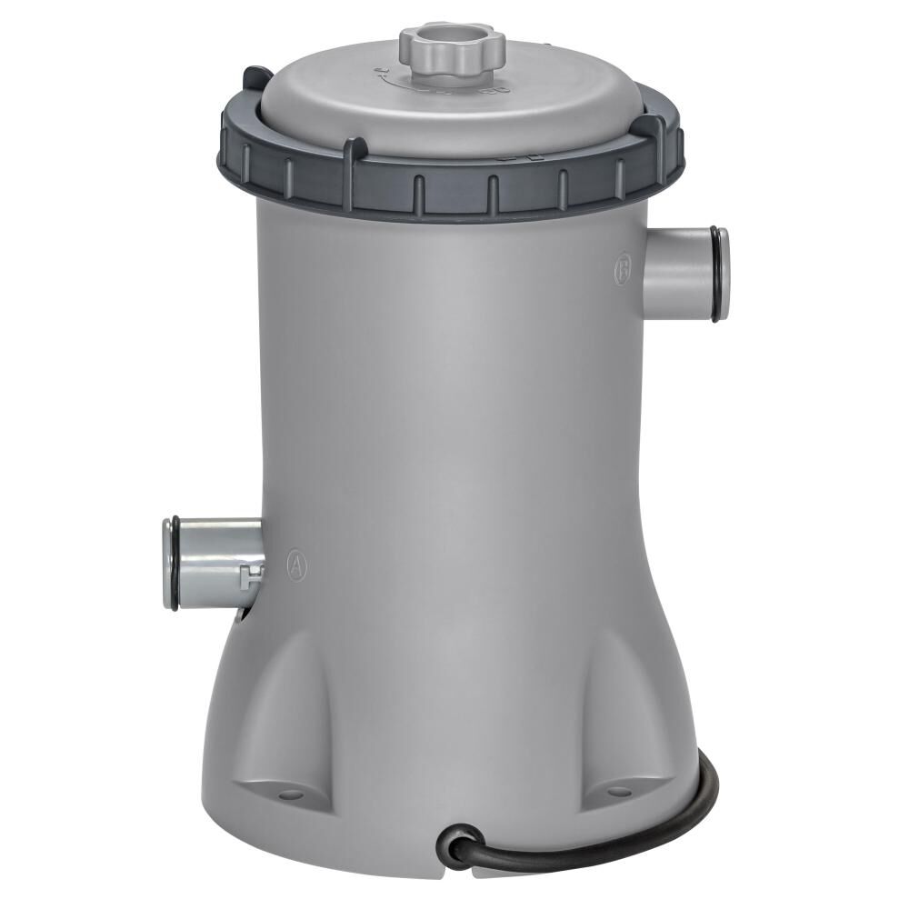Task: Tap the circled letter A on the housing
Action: tap(296, 564)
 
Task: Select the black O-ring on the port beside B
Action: tap(720, 274)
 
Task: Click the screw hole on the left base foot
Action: tap(290, 794)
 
